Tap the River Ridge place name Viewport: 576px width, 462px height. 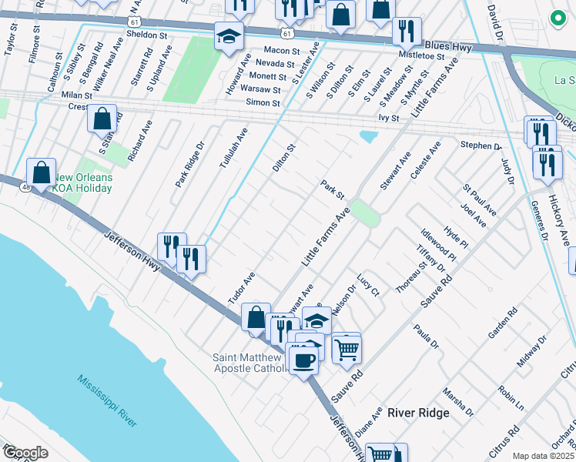tap(418, 413)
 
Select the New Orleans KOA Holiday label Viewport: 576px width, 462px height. tap(82, 183)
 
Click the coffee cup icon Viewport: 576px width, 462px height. tap(302, 358)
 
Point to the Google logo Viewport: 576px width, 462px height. tap(25, 453)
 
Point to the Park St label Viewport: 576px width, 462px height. tap(332, 186)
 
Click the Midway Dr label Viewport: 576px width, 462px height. tap(531, 350)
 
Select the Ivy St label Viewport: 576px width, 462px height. tap(389, 118)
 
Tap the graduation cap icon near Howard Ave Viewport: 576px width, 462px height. tap(228, 36)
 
